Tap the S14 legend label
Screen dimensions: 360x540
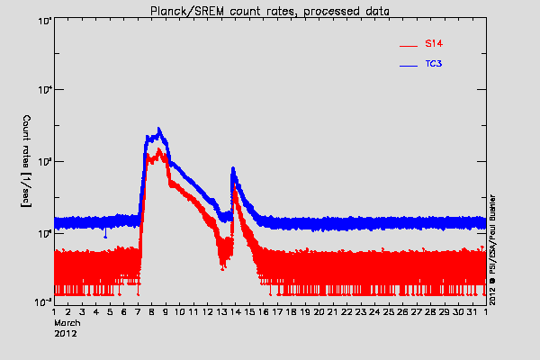tap(433, 43)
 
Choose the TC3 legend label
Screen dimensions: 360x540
tap(434, 65)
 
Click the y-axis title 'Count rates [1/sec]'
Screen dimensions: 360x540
tap(27, 162)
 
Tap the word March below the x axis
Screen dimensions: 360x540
tap(68, 321)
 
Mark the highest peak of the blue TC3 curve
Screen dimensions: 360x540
tap(159, 128)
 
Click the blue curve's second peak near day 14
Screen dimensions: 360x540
tap(233, 167)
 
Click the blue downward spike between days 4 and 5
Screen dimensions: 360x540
tap(106, 236)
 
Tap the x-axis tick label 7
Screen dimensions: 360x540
tap(138, 311)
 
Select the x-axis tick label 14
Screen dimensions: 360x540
tap(235, 311)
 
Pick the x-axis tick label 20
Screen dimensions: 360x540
tap(319, 311)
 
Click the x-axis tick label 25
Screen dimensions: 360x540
tap(388, 311)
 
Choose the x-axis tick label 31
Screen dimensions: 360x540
tap(472, 311)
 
